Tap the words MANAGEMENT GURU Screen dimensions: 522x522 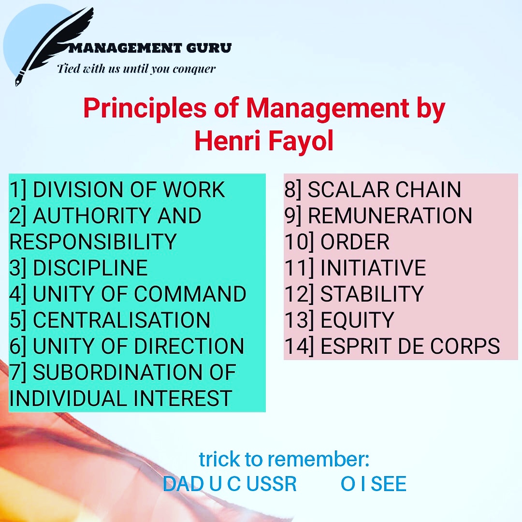click(x=150, y=48)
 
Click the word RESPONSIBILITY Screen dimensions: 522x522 click(x=93, y=242)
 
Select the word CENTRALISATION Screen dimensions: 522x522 click(x=121, y=320)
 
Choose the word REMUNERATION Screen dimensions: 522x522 click(x=390, y=216)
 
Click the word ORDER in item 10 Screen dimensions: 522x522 click(x=355, y=242)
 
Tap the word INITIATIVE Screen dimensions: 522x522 click(x=373, y=268)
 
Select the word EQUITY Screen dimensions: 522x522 click(x=357, y=320)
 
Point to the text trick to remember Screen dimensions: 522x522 click(x=284, y=459)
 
